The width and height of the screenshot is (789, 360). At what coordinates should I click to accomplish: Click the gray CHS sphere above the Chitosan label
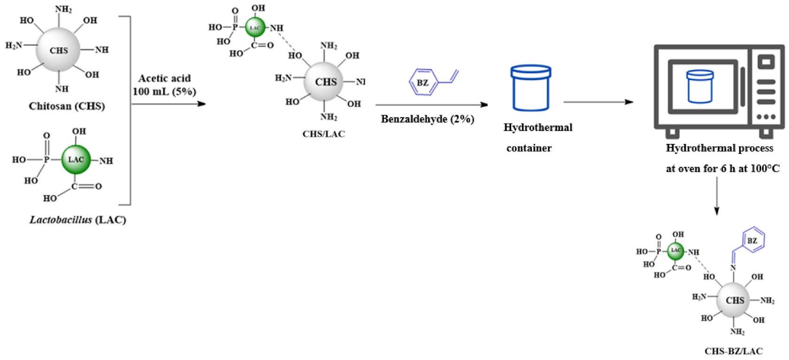coord(59,50)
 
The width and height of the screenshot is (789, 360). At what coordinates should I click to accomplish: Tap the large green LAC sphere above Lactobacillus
coord(76,159)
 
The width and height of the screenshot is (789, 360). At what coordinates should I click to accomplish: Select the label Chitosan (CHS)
coord(67,106)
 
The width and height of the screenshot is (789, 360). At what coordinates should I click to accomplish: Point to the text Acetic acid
coord(164,78)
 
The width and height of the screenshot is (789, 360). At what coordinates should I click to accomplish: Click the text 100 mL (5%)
coord(164,91)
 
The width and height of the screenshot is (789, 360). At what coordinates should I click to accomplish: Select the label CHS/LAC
coord(324,134)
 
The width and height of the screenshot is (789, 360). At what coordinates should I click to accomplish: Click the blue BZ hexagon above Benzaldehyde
coord(423,83)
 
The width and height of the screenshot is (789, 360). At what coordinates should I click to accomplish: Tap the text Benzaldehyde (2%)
coord(427,119)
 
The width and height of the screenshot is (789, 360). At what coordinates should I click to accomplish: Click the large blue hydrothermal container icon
coord(531,88)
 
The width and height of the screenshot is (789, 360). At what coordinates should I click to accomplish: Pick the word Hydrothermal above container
coord(538,127)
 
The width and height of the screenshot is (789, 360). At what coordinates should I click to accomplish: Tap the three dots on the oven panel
coord(766,117)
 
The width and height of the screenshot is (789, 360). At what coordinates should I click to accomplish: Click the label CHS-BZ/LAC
coord(733,351)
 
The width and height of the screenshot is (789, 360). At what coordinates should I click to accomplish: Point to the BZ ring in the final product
coord(752,241)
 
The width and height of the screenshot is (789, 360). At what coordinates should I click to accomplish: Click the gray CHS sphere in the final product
coord(734,300)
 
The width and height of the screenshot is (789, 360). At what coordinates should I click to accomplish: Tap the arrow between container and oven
coord(598,102)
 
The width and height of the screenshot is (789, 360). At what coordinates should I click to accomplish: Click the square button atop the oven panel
coord(766,62)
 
